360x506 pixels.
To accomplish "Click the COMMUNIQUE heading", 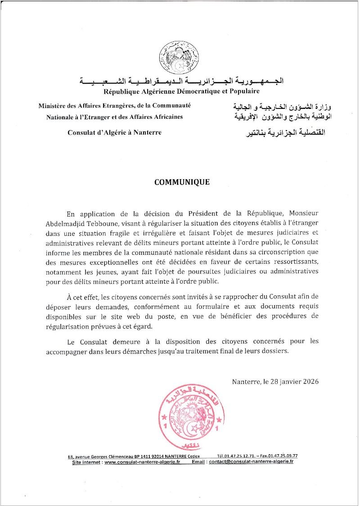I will [182, 182].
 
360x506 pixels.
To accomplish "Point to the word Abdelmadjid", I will [85, 223].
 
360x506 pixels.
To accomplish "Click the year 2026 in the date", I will [309, 382].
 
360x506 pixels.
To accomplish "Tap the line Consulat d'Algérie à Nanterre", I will [114, 132].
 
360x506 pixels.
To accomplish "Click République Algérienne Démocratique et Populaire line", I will [182, 92].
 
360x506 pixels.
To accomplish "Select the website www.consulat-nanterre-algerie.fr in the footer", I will [143, 462].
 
